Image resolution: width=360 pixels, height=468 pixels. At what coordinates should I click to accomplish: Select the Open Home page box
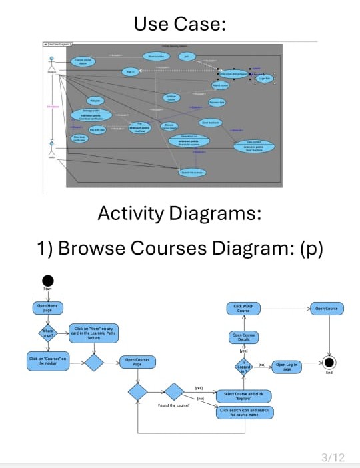click(x=47, y=308)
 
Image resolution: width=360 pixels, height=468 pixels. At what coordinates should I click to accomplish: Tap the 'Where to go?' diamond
click(x=47, y=333)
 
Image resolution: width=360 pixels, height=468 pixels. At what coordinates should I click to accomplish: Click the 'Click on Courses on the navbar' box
click(x=47, y=361)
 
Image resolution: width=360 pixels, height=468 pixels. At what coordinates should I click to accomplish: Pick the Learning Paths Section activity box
click(x=94, y=333)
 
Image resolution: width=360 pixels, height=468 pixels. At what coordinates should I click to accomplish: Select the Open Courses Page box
click(x=137, y=362)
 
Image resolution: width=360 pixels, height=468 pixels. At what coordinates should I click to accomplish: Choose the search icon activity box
click(x=245, y=413)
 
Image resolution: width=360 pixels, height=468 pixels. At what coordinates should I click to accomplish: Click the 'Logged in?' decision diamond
click(x=245, y=365)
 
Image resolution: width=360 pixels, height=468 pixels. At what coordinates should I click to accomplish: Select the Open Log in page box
click(x=286, y=365)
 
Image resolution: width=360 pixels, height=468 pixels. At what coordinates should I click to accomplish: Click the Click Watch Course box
click(x=243, y=308)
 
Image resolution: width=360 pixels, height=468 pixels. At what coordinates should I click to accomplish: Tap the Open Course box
click(x=327, y=308)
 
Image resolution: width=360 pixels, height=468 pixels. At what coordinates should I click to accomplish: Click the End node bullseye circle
click(x=328, y=362)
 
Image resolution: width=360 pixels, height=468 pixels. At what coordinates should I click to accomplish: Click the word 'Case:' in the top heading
click(x=202, y=25)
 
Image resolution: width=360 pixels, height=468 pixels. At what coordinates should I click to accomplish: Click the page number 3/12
click(x=333, y=457)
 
